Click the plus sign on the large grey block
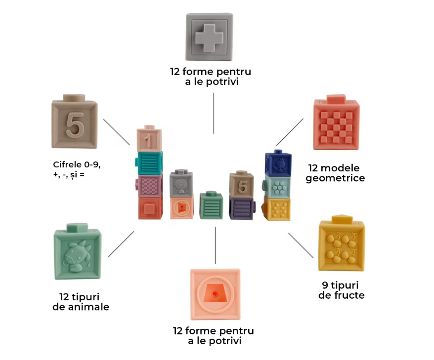click(209, 38)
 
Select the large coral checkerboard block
click(336, 122)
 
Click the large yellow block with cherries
click(342, 243)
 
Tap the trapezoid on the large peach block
click(215, 293)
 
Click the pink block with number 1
click(149, 139)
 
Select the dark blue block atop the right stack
click(278, 163)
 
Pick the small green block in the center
click(211, 205)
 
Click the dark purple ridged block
click(242, 208)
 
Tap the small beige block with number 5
click(242, 184)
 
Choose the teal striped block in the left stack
click(149, 163)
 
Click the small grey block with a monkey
click(181, 183)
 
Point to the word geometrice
click(335, 178)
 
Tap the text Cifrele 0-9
click(77, 164)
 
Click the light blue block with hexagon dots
click(277, 186)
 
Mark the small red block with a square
click(150, 208)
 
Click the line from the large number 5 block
click(117, 132)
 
